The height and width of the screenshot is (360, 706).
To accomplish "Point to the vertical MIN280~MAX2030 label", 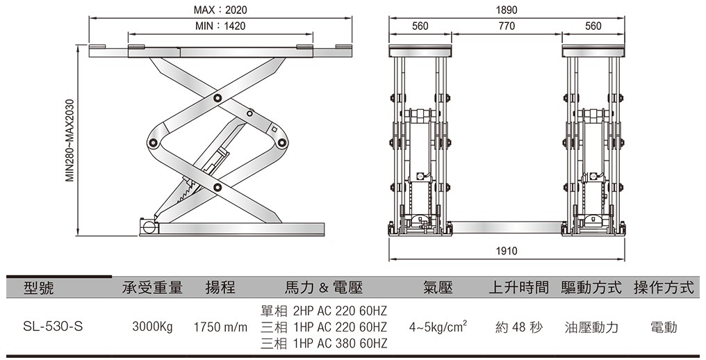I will point(69,140).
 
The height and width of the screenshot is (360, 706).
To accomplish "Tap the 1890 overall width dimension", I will point(507,10).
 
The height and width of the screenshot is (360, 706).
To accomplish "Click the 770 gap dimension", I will point(507,26).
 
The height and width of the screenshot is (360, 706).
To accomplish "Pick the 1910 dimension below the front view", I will point(507,251).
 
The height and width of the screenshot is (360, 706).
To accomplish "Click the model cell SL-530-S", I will point(53,327).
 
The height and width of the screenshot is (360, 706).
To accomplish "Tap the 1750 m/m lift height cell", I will point(220,327).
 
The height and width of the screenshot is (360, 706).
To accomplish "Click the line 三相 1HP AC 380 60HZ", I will point(323,343).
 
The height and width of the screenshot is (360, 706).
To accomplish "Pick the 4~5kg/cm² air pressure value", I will point(438,326).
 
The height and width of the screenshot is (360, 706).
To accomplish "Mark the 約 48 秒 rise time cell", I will point(519,327).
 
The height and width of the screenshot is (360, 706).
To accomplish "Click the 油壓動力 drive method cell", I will point(591,327).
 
